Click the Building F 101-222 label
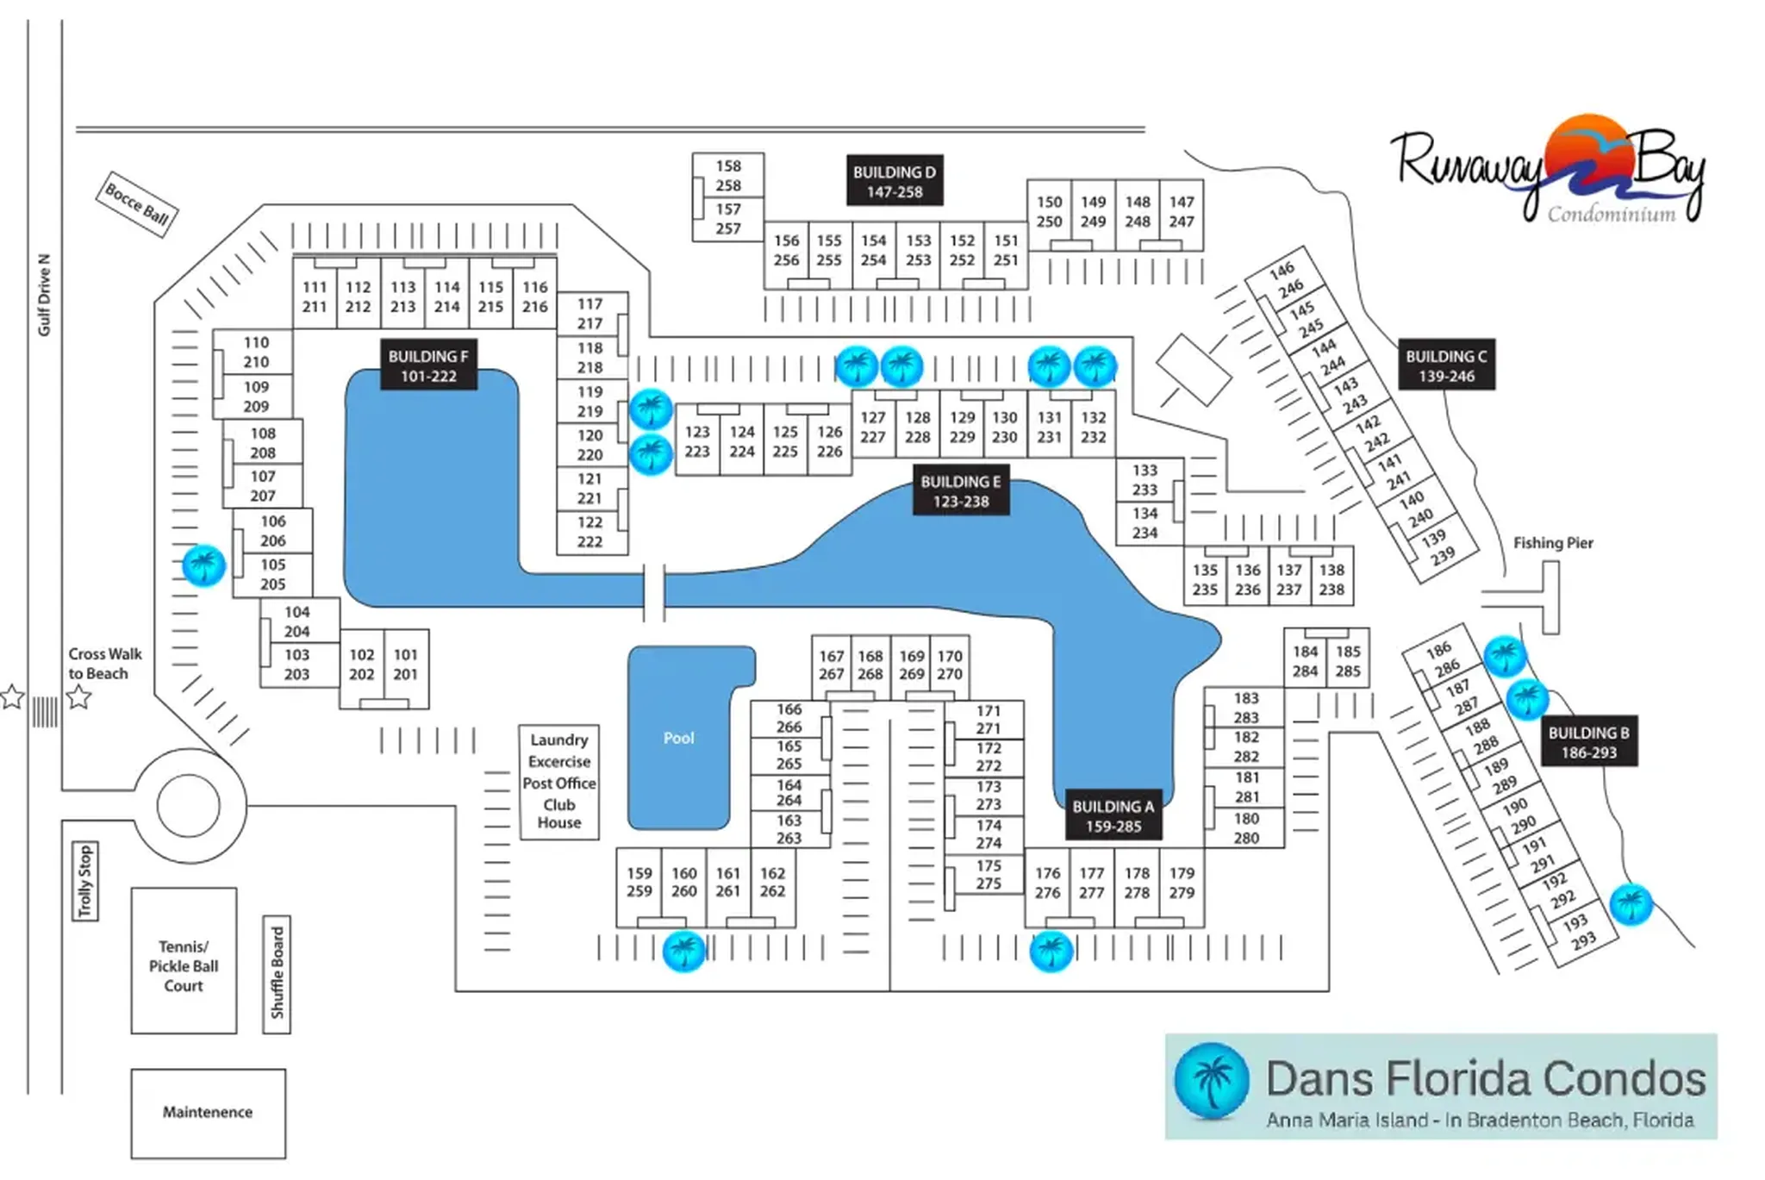coord(428,365)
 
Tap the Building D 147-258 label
coord(895,181)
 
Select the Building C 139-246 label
coord(1446,365)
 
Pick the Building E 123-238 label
coord(961,491)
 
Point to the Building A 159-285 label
coord(1113,815)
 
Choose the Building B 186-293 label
coord(1588,742)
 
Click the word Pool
coord(678,738)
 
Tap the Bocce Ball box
coord(136,204)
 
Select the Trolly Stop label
coord(84,881)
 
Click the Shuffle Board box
coord(277,973)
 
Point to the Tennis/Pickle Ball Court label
coord(184,965)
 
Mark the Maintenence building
coord(208,1113)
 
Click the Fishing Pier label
coord(1553,543)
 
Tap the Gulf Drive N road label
coord(44,295)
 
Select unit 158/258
coord(728,176)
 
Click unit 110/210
coord(256,353)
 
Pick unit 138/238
coord(1332,580)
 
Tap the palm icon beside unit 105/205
coord(204,565)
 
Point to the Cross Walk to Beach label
coord(105,664)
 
